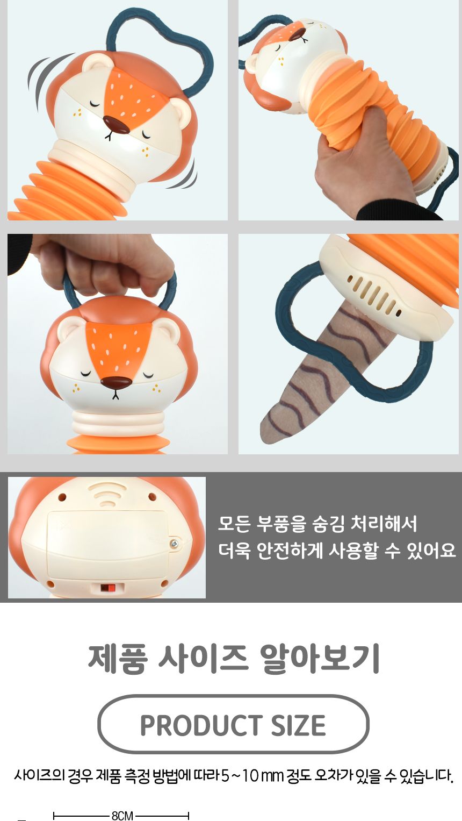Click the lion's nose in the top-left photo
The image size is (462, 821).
click(x=116, y=125)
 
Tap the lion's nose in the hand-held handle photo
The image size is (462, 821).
click(x=117, y=383)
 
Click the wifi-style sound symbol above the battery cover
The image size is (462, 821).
click(x=107, y=494)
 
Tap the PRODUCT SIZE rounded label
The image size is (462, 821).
click(x=233, y=725)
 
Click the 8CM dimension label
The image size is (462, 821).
click(x=122, y=816)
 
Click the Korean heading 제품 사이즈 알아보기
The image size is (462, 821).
click(x=233, y=658)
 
